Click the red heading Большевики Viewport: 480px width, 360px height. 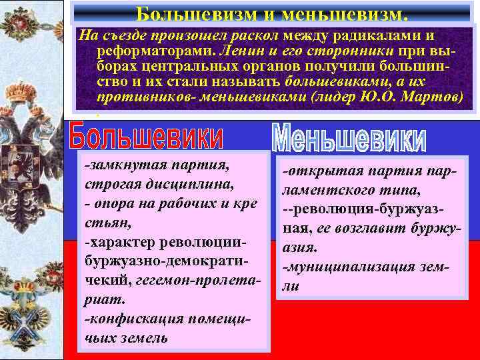(x=147, y=137)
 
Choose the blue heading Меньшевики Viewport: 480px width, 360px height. (x=349, y=137)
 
